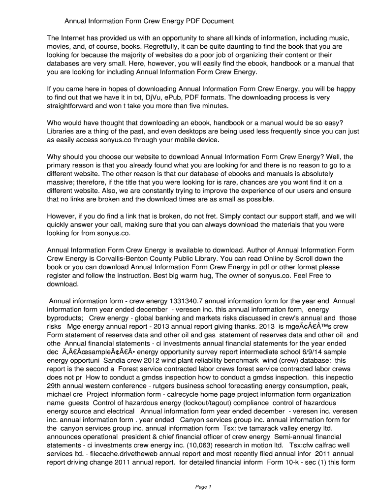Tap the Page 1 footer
pyautogui.click(x=203, y=487)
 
